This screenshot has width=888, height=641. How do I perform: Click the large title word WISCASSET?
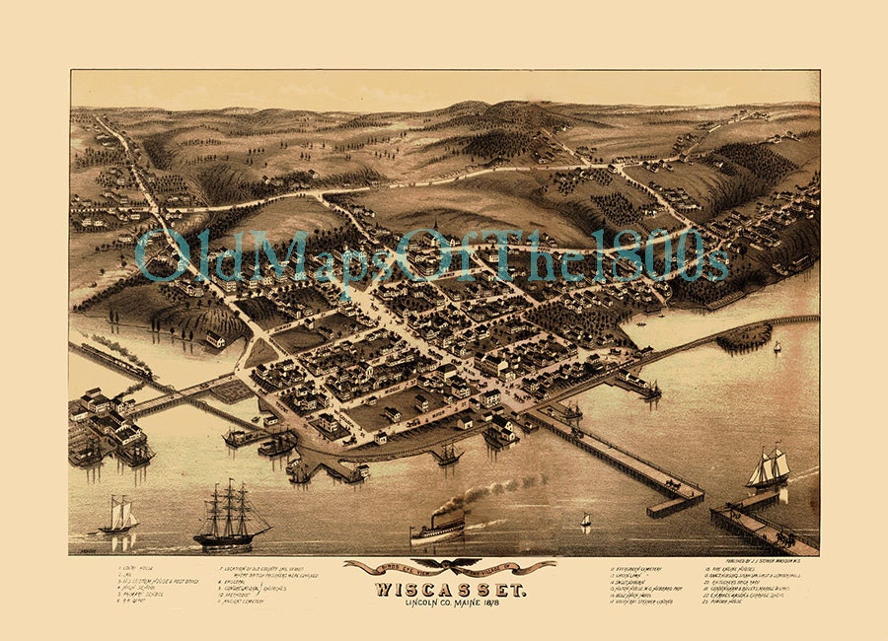449,590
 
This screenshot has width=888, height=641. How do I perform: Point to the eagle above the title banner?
449,566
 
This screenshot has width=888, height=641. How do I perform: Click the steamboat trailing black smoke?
437,530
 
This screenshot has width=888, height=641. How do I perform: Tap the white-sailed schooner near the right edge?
769,468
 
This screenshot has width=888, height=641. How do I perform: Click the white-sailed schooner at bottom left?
117,516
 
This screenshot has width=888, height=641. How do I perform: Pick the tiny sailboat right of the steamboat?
585,520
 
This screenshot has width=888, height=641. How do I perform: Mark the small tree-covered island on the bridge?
743,335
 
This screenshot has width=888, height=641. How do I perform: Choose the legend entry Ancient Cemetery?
257,603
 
